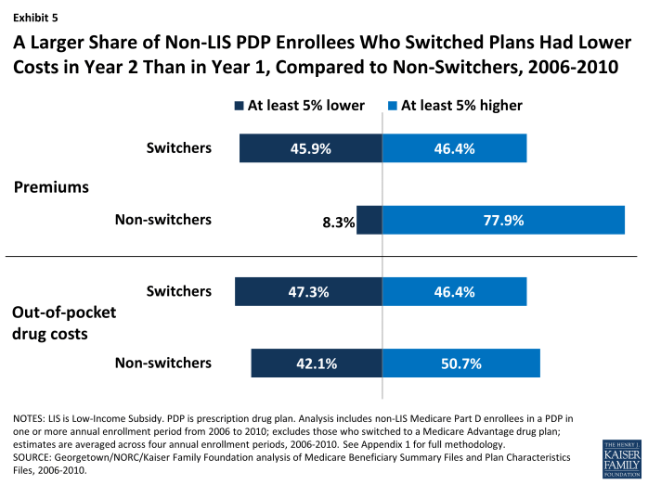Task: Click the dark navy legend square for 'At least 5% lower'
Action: (239, 106)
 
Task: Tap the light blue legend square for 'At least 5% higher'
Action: (394, 106)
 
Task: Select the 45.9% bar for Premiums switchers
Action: (311, 148)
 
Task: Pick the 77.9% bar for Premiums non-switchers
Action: (503, 221)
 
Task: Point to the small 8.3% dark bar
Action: (369, 221)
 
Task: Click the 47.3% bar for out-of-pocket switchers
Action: (309, 292)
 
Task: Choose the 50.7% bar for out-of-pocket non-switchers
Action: (461, 364)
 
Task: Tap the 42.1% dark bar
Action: (317, 364)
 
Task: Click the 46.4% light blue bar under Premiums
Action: (455, 148)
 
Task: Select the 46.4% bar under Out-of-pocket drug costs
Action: (455, 292)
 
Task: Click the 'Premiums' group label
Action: (51, 187)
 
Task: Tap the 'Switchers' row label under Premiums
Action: (179, 148)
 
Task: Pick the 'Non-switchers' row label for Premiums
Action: (163, 220)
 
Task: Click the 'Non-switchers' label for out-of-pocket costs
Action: (163, 363)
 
